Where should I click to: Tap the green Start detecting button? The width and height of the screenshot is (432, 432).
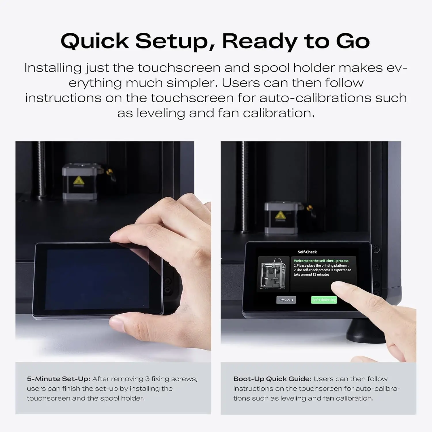coord(324,300)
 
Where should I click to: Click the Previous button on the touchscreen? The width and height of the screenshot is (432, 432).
coord(286,300)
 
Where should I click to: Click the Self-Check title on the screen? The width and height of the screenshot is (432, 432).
coord(307,252)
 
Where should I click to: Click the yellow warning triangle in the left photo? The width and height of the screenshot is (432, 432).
coord(78,181)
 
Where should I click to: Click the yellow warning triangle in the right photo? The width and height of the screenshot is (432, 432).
coord(280,215)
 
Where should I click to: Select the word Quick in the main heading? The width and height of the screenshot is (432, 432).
coord(95,41)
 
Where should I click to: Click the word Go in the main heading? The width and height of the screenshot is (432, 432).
coord(353,41)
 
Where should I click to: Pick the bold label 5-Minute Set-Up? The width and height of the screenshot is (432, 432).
coord(58,379)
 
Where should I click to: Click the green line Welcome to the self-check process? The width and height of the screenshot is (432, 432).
coord(321,261)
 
